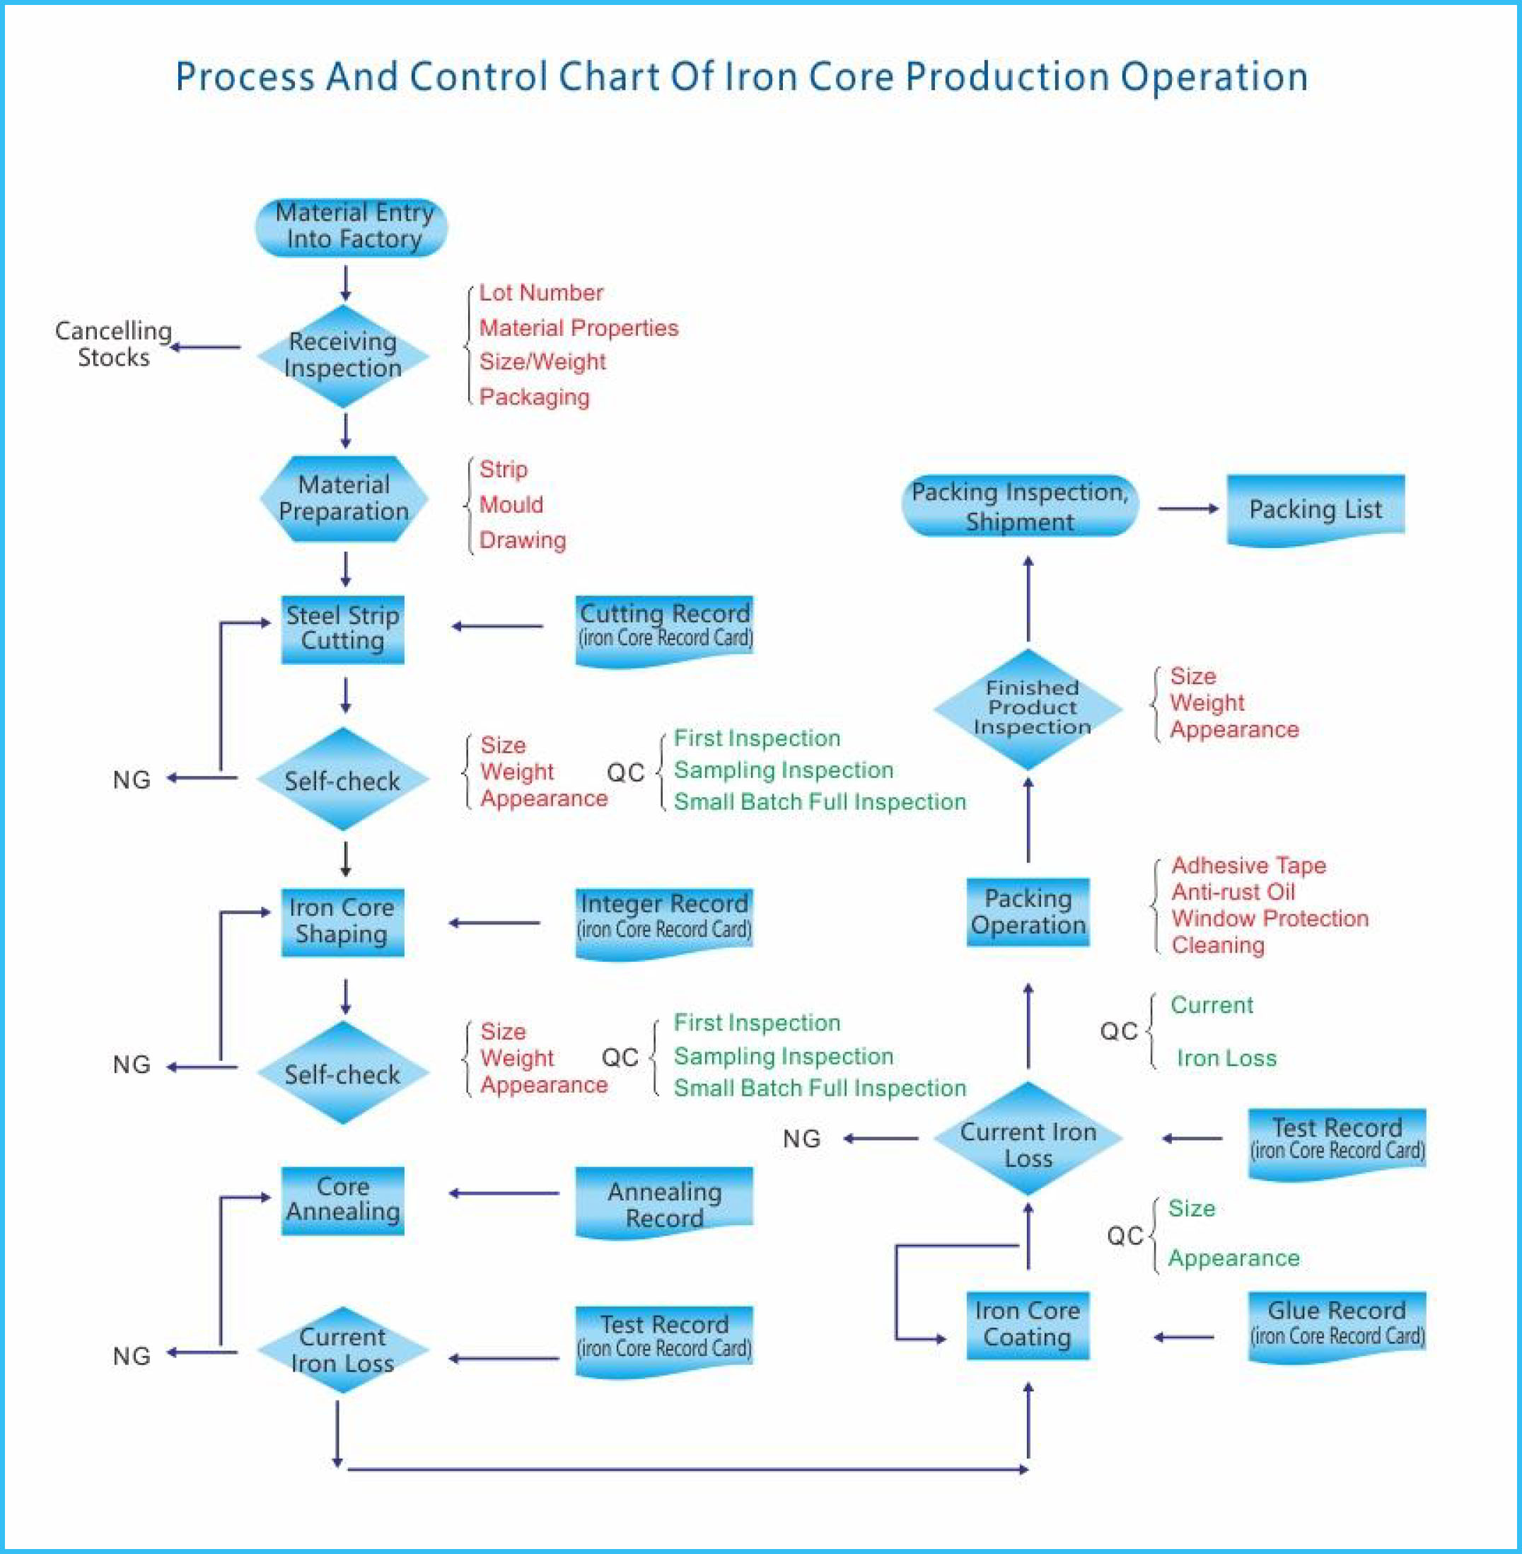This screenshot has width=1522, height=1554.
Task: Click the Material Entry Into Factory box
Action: click(x=351, y=228)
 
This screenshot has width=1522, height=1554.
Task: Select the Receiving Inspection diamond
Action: click(x=343, y=355)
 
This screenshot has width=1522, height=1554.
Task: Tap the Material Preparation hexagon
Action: click(x=344, y=498)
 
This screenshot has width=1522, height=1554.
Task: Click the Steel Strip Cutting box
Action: click(x=342, y=628)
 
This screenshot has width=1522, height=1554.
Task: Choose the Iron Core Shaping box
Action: click(x=342, y=922)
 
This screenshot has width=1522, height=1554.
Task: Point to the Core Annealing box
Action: click(x=342, y=1199)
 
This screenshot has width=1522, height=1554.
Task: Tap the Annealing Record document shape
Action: click(x=663, y=1205)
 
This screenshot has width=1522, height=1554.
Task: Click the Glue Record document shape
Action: click(x=1337, y=1325)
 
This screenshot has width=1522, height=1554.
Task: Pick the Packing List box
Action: click(x=1315, y=509)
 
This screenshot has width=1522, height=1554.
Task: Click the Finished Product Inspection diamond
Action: click(x=1028, y=708)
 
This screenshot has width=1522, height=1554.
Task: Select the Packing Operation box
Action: click(x=1028, y=912)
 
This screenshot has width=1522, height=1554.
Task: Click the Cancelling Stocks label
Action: click(x=112, y=344)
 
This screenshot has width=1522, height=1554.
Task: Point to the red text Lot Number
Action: click(x=540, y=293)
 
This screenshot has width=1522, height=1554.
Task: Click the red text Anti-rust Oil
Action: click(x=1233, y=892)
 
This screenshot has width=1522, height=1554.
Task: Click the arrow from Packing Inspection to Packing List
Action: click(x=1188, y=509)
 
